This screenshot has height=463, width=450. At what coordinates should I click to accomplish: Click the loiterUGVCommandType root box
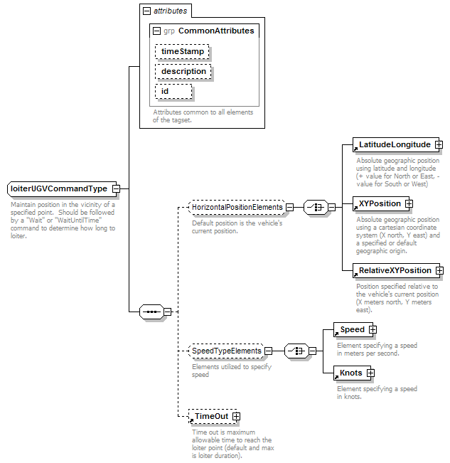pyautogui.click(x=62, y=188)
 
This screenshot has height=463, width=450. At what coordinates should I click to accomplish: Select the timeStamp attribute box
pyautogui.click(x=182, y=51)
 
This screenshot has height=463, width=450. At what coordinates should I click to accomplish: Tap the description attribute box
pyautogui.click(x=183, y=71)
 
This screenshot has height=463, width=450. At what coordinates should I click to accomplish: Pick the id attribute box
pyautogui.click(x=173, y=92)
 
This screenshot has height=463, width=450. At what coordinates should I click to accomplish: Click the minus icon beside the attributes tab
pyautogui.click(x=146, y=11)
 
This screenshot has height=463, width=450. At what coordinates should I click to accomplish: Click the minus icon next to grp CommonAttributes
pyautogui.click(x=156, y=31)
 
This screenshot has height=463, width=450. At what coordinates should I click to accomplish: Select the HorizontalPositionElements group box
pyautogui.click(x=237, y=207)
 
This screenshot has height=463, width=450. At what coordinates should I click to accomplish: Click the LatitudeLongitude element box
pyautogui.click(x=396, y=144)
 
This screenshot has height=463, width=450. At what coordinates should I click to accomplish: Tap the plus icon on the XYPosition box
pyautogui.click(x=409, y=203)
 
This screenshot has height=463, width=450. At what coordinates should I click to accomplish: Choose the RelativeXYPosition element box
pyautogui.click(x=396, y=270)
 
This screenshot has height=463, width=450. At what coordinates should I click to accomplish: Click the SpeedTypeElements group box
pyautogui.click(x=226, y=351)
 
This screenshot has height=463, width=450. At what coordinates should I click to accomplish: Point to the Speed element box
pyautogui.click(x=353, y=329)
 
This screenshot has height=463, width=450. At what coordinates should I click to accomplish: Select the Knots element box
pyautogui.click(x=353, y=373)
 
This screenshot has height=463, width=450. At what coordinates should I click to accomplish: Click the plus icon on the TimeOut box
pyautogui.click(x=236, y=416)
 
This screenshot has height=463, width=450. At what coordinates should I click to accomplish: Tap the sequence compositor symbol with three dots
pyautogui.click(x=151, y=312)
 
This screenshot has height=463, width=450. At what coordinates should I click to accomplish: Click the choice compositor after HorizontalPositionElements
pyautogui.click(x=316, y=207)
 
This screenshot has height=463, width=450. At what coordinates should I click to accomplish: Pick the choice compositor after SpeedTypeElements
pyautogui.click(x=296, y=351)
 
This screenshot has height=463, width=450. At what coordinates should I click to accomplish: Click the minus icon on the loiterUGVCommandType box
pyautogui.click(x=117, y=188)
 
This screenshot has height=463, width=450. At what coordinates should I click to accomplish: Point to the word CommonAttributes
pyautogui.click(x=216, y=31)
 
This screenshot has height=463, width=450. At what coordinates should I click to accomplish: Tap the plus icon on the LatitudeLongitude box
pyautogui.click(x=439, y=144)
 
